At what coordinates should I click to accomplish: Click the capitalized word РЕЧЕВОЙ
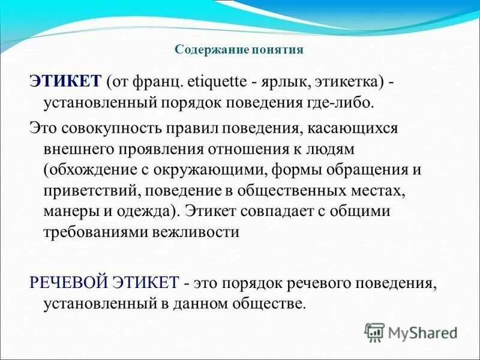click(62, 282)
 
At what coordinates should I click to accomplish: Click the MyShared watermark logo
click(410, 332)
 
